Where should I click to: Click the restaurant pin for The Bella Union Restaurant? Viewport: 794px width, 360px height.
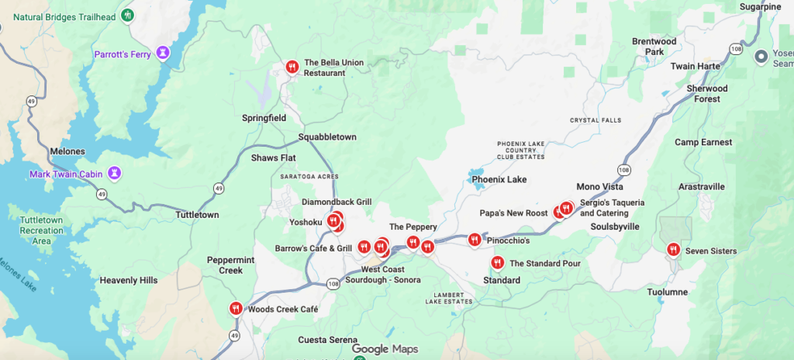292,67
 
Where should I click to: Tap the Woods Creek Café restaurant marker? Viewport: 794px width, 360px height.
236,308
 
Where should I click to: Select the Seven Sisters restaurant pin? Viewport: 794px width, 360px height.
672,250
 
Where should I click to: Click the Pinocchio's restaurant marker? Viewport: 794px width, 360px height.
474,240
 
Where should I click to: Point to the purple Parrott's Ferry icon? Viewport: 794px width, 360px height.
162,53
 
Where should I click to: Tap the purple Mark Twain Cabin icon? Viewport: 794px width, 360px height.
114,172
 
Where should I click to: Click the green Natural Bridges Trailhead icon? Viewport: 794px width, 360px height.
128,15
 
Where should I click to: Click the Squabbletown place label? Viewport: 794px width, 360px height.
327,137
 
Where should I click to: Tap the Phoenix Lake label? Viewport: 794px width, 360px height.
499,180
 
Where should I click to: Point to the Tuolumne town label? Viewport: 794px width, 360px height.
668,292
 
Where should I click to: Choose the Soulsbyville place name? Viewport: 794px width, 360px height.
615,227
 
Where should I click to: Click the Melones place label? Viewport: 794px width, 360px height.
67,151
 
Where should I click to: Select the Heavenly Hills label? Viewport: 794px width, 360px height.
129,280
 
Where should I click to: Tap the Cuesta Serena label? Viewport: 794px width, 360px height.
328,340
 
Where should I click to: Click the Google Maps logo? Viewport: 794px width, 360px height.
385,349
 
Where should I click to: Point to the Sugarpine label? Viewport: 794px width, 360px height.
760,6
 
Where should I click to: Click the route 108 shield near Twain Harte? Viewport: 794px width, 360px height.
735,50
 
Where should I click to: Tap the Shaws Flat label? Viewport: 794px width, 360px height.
274,158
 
